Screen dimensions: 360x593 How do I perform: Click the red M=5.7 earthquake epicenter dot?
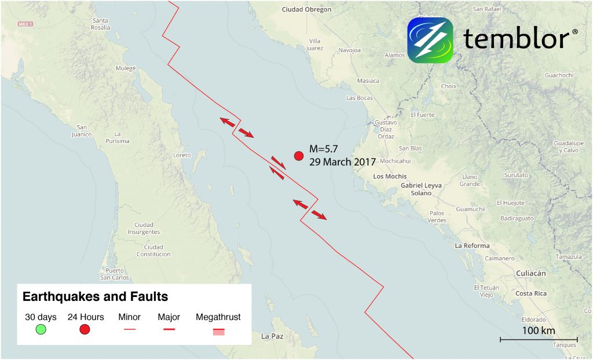coord(299,156)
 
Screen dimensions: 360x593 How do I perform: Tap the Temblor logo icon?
coord(430,40)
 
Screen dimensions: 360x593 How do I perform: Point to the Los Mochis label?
coord(390,176)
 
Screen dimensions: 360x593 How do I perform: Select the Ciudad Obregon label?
coord(307,9)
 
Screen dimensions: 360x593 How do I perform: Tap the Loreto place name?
coord(182,155)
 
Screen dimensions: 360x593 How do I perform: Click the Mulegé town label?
coord(126,68)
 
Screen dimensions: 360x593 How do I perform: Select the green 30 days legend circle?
coord(41,330)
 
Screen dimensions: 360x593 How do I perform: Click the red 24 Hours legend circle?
coord(85,330)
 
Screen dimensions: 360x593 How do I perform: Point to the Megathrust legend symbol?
coord(218,332)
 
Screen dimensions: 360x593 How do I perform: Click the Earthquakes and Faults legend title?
coord(95,297)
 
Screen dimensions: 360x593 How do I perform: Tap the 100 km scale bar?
coord(539,339)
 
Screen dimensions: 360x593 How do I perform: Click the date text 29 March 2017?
coord(343,162)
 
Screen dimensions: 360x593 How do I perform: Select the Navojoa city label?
coord(350,50)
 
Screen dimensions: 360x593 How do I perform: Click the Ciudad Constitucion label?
coord(154,251)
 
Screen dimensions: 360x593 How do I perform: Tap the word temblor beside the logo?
coord(517,39)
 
